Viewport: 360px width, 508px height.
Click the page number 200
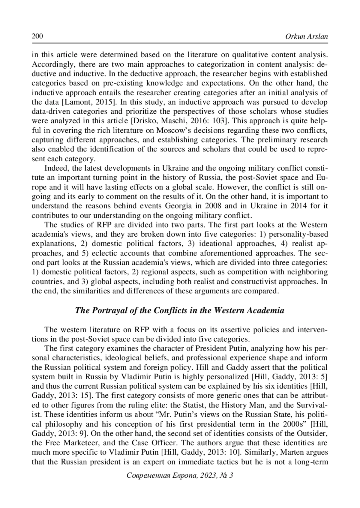point(37,37)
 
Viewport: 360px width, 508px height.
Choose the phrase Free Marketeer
point(68,443)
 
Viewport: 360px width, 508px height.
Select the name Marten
point(292,452)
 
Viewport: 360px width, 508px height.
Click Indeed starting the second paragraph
point(54,168)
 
